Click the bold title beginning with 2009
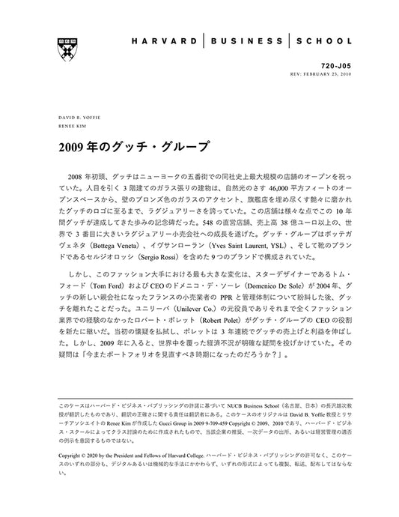pyautogui.click(x=133, y=145)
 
